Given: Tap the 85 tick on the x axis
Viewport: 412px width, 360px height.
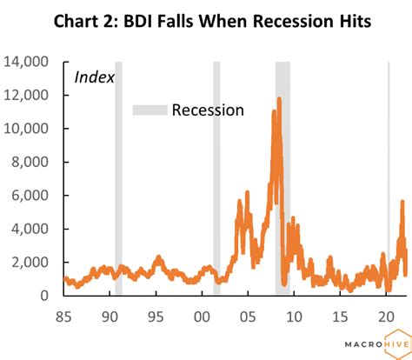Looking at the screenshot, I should (x=63, y=315).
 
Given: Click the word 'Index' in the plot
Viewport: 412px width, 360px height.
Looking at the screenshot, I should (x=94, y=77).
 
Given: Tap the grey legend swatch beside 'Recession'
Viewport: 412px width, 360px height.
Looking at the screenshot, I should (x=148, y=110).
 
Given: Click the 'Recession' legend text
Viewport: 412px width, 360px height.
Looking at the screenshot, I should (x=208, y=110).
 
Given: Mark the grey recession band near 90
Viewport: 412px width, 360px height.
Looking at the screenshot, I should (x=118, y=174).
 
